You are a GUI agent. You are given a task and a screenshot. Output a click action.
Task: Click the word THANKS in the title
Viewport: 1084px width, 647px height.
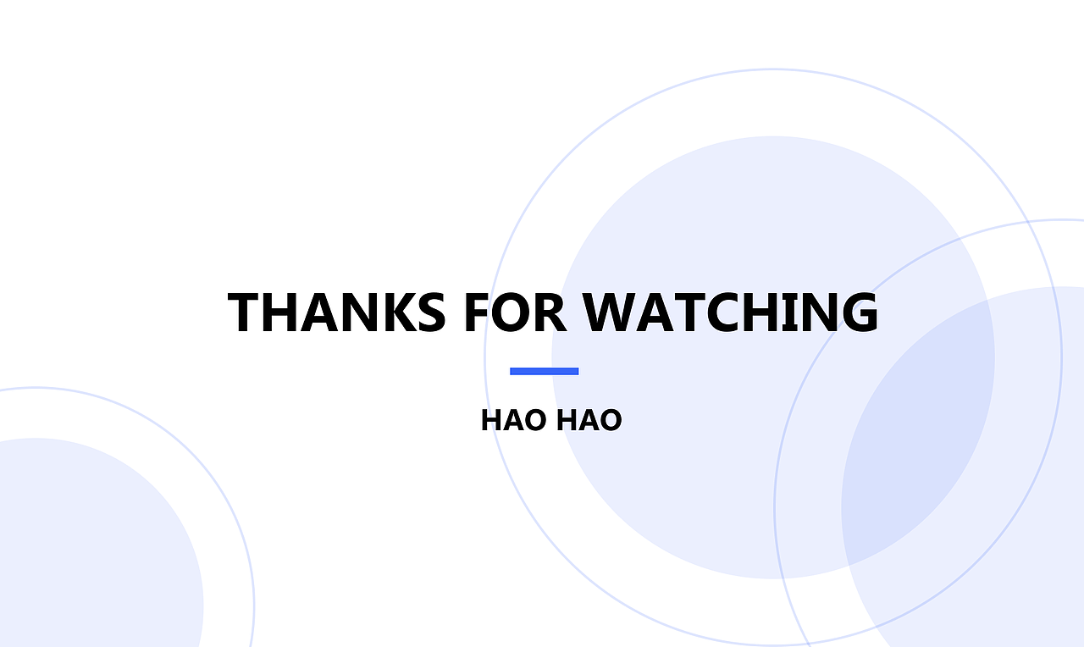[336, 312]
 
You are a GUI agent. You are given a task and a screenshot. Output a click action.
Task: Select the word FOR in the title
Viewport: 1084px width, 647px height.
[515, 312]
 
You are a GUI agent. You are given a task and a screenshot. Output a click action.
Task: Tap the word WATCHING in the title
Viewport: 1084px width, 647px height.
[731, 312]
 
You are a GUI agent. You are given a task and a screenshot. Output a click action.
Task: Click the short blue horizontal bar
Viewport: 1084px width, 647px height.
[544, 371]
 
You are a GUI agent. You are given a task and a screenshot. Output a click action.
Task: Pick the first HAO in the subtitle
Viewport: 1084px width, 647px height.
[513, 420]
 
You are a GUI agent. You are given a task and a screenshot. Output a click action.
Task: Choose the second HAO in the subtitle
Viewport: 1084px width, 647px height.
[589, 420]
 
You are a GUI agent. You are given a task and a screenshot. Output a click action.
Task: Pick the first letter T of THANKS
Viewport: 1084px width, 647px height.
[245, 312]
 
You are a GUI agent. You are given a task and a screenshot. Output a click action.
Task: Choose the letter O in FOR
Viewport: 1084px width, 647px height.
[513, 312]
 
